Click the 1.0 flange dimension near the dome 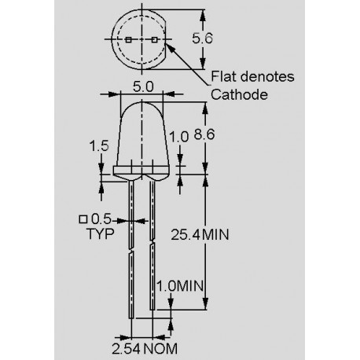[180, 136]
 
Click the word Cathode [239, 94]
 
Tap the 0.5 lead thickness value [101, 219]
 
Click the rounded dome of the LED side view [141, 126]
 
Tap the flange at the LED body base [141, 171]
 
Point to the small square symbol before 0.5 [83, 219]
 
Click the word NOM [163, 347]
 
